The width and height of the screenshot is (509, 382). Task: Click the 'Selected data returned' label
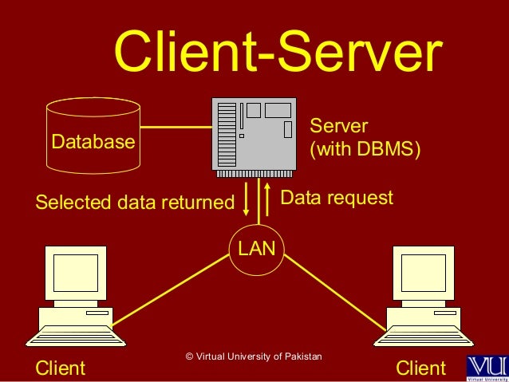135,202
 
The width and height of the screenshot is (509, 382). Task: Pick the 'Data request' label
337,197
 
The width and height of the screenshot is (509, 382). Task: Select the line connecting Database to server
176,127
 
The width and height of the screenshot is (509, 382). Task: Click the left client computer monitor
75,274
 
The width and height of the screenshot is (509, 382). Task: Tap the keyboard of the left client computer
76,336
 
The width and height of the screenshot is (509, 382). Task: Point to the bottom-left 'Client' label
61,368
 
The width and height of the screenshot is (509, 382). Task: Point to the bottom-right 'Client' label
420,368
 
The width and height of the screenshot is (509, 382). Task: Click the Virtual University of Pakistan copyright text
253,356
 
